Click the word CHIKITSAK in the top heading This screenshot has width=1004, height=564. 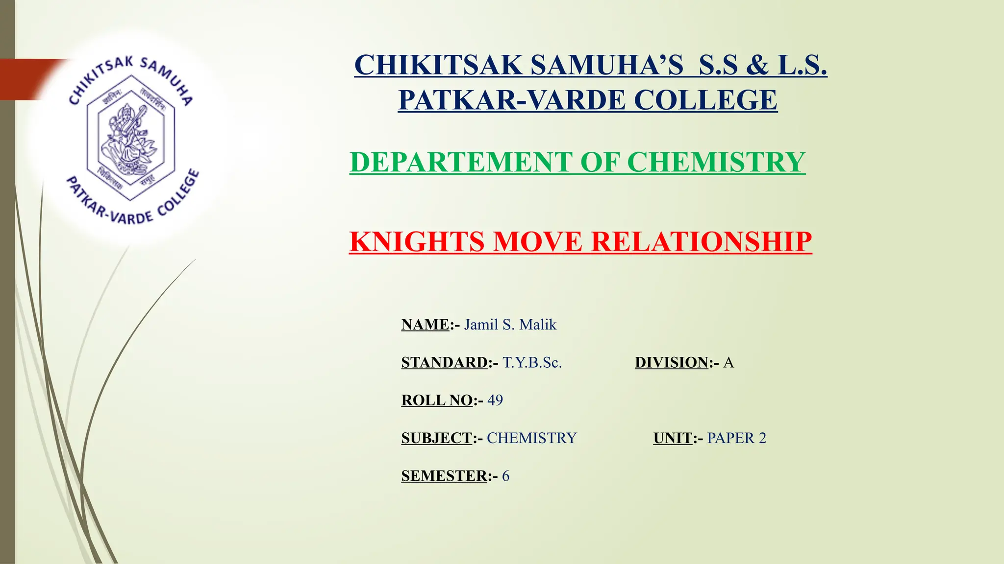(438, 65)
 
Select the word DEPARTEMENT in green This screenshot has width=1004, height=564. (461, 162)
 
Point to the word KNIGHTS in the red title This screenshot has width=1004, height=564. (417, 242)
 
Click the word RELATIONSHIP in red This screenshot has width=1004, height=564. (701, 242)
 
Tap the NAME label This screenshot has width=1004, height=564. (425, 325)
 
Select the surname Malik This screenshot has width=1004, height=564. (538, 325)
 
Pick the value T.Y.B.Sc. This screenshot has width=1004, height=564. (532, 362)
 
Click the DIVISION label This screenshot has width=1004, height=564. (672, 362)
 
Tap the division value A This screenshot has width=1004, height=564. (728, 362)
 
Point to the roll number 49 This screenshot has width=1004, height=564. (495, 400)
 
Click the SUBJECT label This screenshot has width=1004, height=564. (436, 438)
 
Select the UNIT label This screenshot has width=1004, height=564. (673, 438)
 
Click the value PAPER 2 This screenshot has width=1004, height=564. (736, 438)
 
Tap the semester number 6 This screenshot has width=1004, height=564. (505, 475)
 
